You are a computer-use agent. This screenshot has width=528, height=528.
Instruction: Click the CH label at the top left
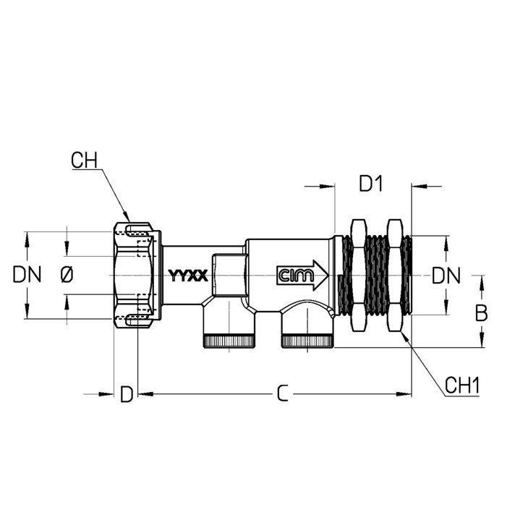pyautogui.click(x=84, y=161)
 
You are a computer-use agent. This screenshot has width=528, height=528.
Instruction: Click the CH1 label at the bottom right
pyautogui.click(x=462, y=386)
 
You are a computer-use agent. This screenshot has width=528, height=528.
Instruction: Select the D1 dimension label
pyautogui.click(x=371, y=184)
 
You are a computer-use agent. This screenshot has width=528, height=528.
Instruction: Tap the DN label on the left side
pyautogui.click(x=27, y=274)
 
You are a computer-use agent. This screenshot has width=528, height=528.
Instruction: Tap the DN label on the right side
pyautogui.click(x=446, y=276)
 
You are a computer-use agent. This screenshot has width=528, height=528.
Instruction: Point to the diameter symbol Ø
pyautogui.click(x=67, y=274)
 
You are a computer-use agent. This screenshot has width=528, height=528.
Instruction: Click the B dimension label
pyautogui.click(x=481, y=314)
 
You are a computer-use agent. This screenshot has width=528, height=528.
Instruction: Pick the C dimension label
pyautogui.click(x=283, y=393)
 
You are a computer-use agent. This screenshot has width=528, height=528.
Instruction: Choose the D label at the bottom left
pyautogui.click(x=127, y=394)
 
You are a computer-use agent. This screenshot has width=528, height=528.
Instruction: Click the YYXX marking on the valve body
pyautogui.click(x=188, y=276)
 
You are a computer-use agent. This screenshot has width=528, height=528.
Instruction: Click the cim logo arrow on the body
pyautogui.click(x=302, y=275)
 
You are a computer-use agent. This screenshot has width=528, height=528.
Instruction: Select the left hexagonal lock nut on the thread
pyautogui.click(x=358, y=276)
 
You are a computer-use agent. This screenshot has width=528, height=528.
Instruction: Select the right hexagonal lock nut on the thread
pyautogui.click(x=395, y=276)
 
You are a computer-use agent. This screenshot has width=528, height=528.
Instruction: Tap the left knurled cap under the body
pyautogui.click(x=229, y=341)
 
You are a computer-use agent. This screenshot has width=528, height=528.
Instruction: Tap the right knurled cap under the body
pyautogui.click(x=307, y=341)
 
